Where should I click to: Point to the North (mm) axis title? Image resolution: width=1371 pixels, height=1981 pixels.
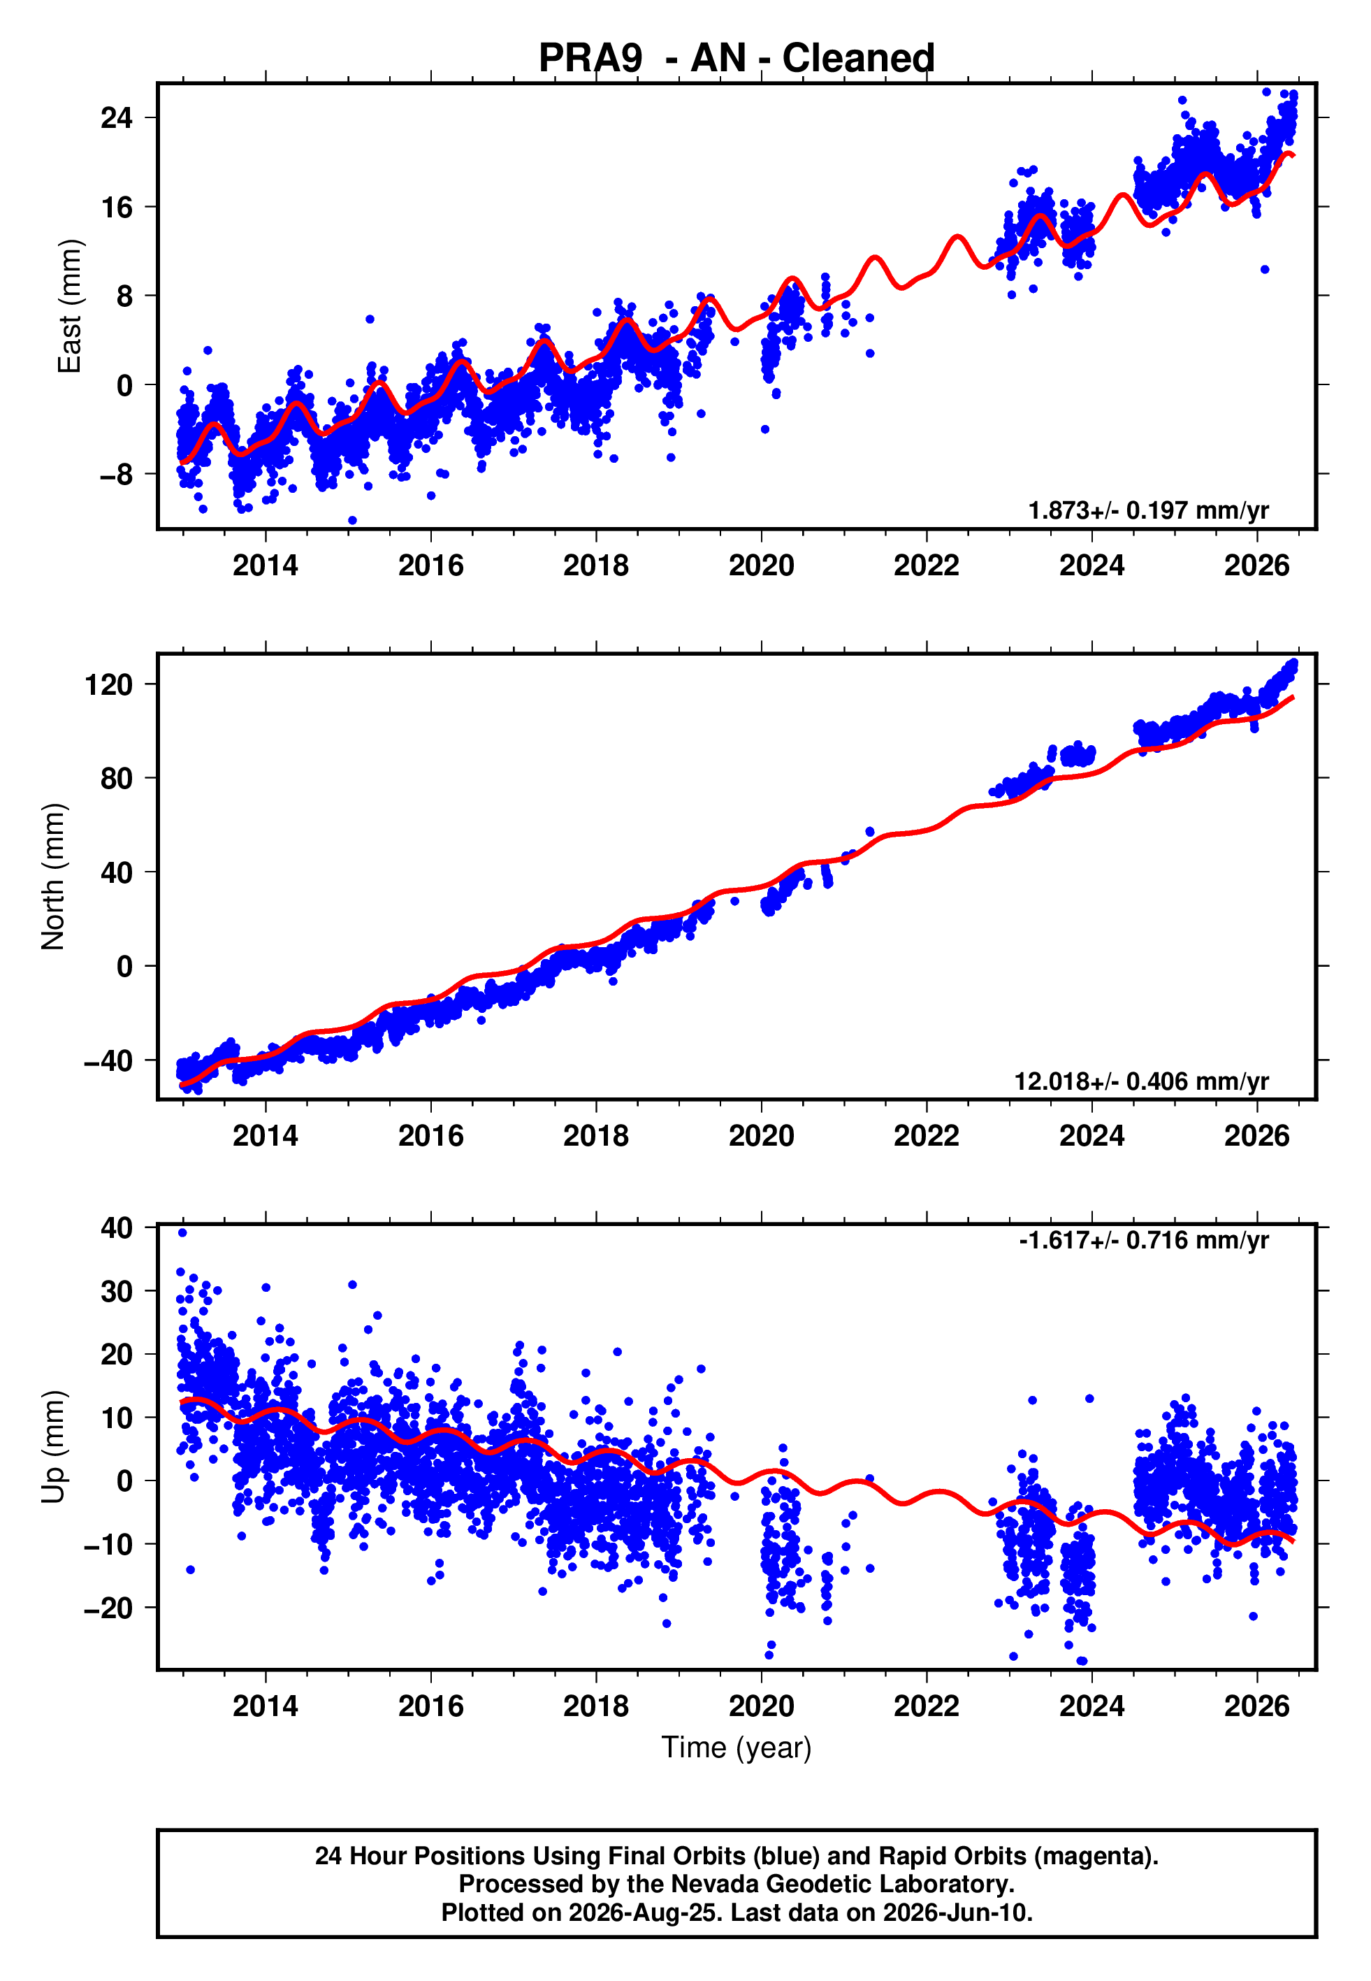53,877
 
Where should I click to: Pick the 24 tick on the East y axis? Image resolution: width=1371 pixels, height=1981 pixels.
117,117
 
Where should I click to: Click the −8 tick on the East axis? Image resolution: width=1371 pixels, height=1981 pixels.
117,474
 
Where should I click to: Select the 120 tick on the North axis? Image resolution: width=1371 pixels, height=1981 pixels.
109,684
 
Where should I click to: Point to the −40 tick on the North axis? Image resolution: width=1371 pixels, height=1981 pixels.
108,1061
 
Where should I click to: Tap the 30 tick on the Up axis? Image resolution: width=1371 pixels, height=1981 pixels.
117,1291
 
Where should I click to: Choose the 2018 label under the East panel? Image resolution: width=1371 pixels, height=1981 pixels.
596,566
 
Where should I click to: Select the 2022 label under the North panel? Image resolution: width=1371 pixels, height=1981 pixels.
926,1136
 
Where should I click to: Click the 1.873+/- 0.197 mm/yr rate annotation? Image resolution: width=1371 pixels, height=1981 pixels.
1149,510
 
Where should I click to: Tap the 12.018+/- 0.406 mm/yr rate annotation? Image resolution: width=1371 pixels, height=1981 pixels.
1142,1081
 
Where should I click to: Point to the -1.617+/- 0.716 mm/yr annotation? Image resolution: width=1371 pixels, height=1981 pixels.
1144,1241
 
